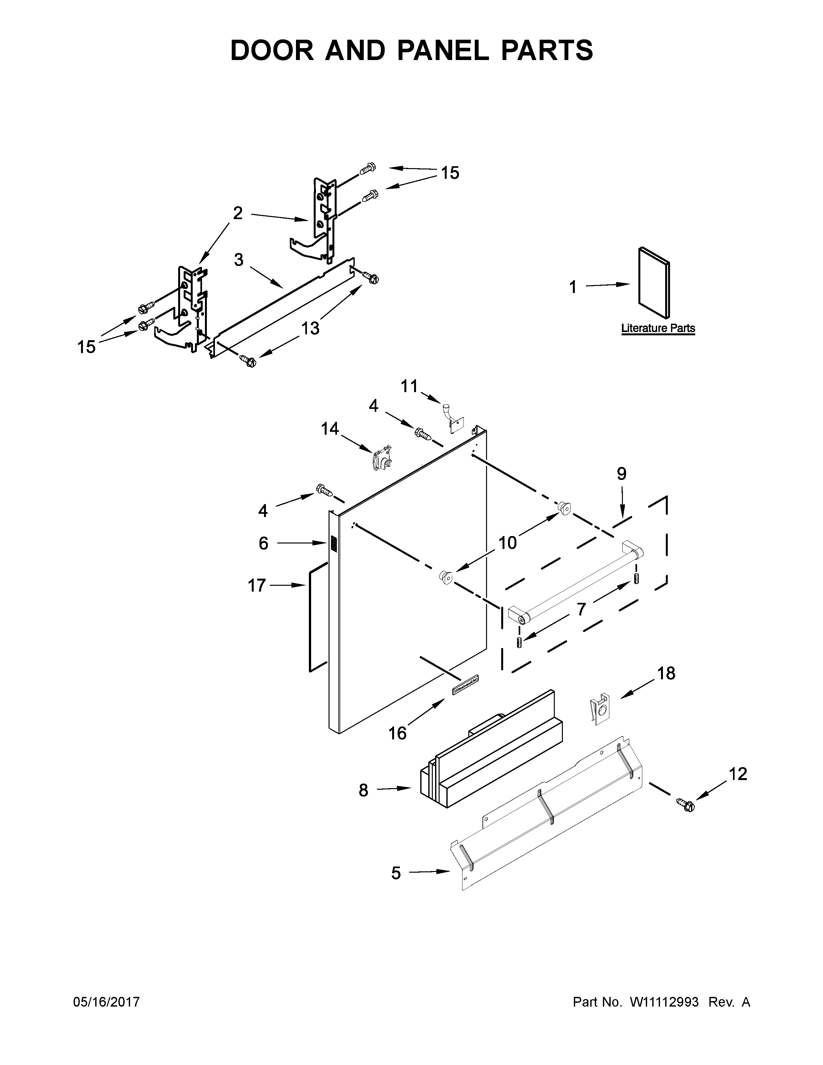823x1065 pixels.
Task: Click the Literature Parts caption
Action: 658,328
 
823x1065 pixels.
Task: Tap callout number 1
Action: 573,287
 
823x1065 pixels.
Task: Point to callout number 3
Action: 239,260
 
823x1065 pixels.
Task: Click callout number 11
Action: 409,386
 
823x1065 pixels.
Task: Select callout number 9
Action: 621,473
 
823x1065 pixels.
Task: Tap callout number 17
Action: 257,585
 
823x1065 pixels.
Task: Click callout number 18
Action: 666,674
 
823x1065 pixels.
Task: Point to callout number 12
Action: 738,774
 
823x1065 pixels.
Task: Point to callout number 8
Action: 363,790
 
